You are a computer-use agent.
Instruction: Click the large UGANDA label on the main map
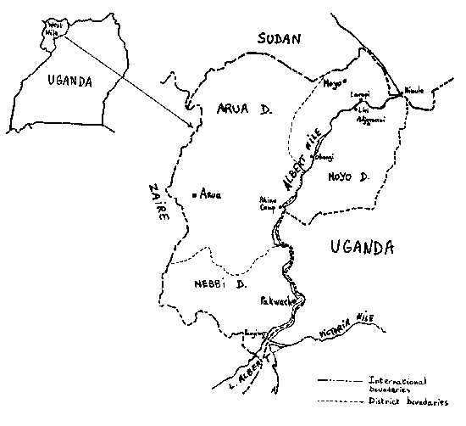359,248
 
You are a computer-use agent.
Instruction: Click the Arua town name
209,194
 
